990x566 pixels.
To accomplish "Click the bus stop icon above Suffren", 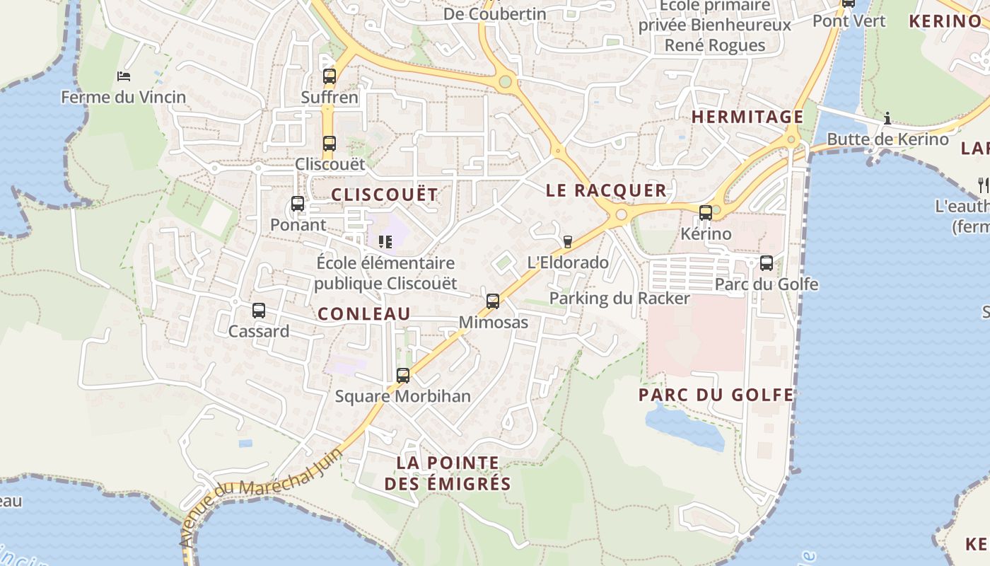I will [330, 76].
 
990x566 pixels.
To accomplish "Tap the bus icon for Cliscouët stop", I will [330, 144].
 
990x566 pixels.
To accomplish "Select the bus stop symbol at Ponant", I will [298, 204].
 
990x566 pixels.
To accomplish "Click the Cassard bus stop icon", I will [259, 311].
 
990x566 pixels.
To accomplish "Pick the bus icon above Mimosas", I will [493, 301].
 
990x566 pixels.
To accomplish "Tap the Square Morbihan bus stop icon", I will [403, 376].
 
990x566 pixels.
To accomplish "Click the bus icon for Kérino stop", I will [705, 213].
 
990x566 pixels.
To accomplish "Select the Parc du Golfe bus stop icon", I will [767, 264].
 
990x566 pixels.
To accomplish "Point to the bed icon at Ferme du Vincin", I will [124, 76].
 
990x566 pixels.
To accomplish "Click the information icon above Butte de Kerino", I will [887, 118].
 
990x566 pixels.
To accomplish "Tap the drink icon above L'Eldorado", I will [567, 242].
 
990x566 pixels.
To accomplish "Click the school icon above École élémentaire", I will [385, 242].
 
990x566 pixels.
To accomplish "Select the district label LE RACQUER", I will [606, 190].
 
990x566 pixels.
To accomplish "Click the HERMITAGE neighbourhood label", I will [747, 117].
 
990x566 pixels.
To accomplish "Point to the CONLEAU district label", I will [364, 314].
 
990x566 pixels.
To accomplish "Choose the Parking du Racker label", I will [619, 299].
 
